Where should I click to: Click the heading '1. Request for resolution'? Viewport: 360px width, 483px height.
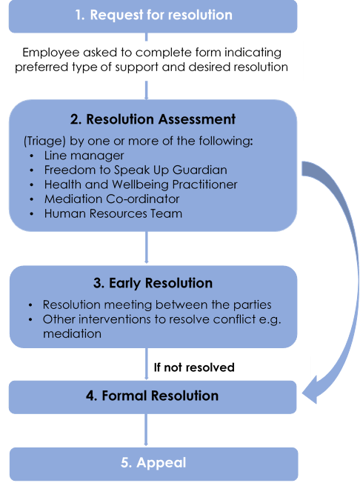(x=153, y=16)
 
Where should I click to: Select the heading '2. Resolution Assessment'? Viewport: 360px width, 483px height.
(x=153, y=119)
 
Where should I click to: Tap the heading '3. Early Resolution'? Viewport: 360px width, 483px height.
(x=153, y=284)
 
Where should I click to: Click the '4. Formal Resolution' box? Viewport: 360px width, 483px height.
(x=153, y=396)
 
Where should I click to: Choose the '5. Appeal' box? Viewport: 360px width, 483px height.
(x=153, y=463)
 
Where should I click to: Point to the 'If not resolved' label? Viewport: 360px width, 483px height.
(x=194, y=367)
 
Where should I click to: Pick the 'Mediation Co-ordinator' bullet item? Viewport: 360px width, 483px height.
(x=111, y=199)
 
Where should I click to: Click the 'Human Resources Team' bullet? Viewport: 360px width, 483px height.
(x=113, y=213)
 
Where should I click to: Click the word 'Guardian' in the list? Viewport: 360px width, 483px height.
(x=202, y=170)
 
